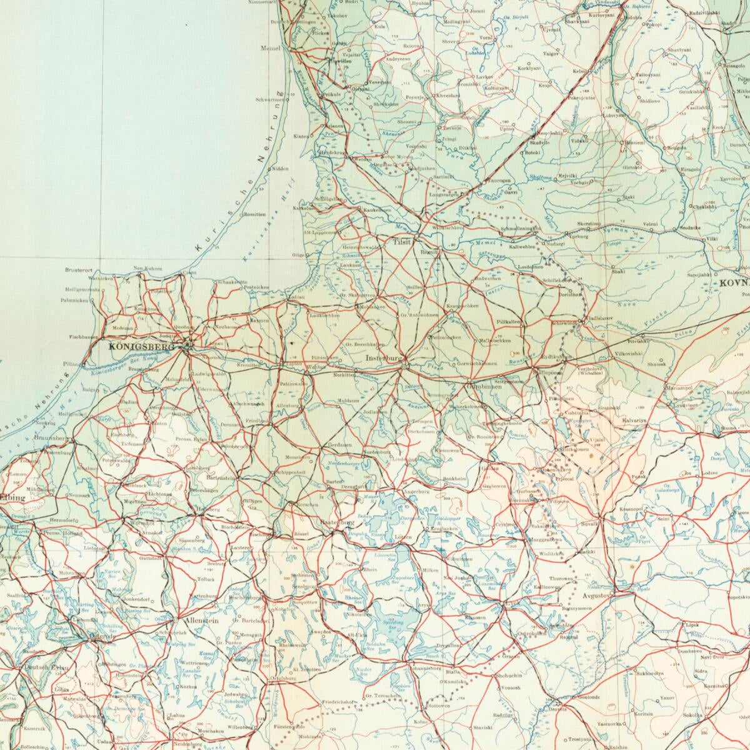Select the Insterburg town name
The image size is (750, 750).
pyautogui.click(x=383, y=358)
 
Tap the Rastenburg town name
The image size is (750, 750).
pyautogui.click(x=336, y=522)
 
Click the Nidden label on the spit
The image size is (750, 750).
pyautogui.click(x=280, y=169)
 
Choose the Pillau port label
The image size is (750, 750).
pyautogui.click(x=71, y=363)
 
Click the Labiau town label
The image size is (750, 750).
pyautogui.click(x=296, y=297)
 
